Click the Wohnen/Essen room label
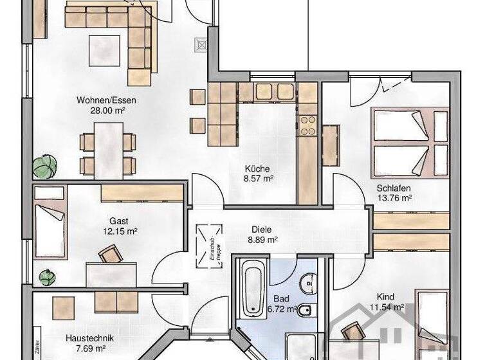(x=106, y=100)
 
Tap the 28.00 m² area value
(x=106, y=111)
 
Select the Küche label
(x=257, y=168)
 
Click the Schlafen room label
(x=394, y=188)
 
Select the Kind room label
(x=386, y=297)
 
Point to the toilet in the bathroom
(x=307, y=311)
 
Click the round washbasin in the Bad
(x=310, y=281)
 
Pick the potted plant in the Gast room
(x=46, y=278)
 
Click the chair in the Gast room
(x=110, y=255)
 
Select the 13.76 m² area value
(x=394, y=199)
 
